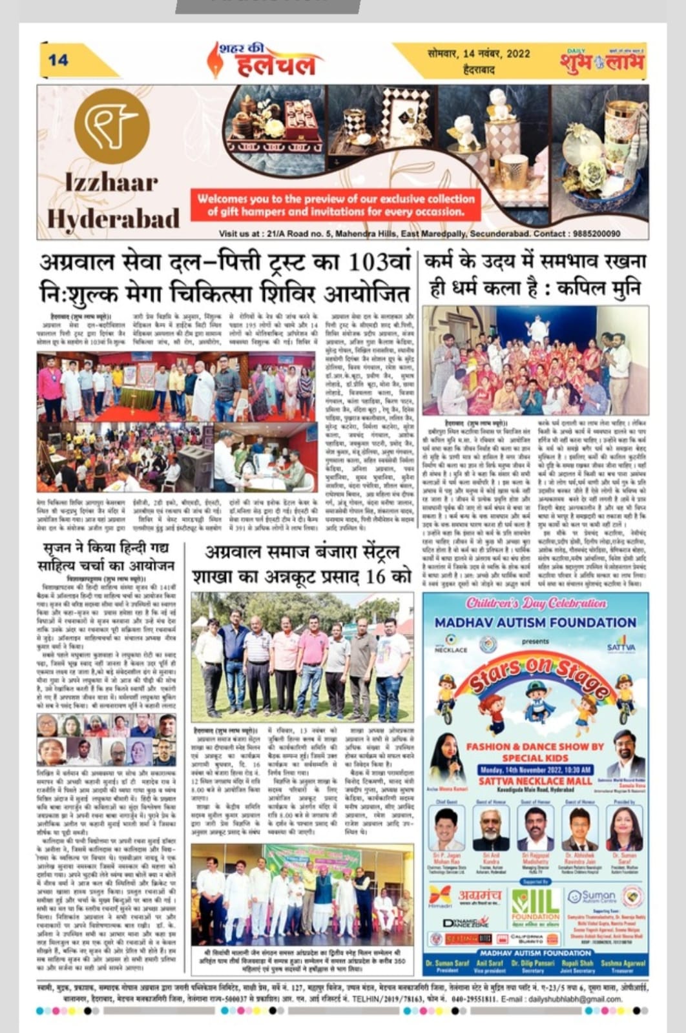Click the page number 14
click(57, 60)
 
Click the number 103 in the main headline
click(369, 263)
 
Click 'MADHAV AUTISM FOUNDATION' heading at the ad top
click(535, 622)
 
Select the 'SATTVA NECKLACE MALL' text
click(535, 781)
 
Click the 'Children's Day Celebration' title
click(535, 604)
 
